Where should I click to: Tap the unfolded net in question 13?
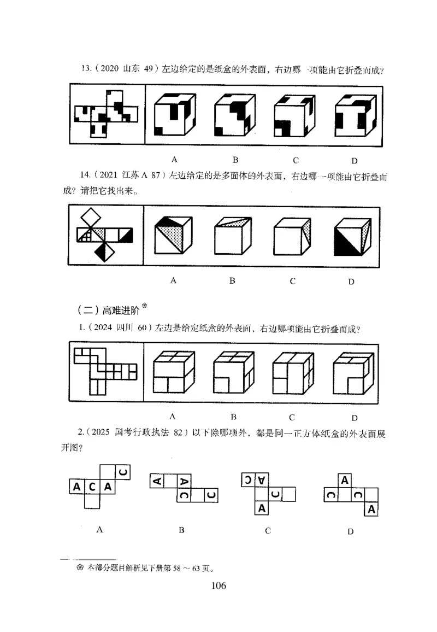pyautogui.click(x=106, y=114)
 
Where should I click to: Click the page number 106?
pyautogui.click(x=218, y=586)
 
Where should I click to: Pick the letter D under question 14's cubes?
pyautogui.click(x=351, y=282)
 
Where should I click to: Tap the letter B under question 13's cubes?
pyautogui.click(x=235, y=160)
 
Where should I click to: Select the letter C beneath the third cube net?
pyautogui.click(x=268, y=530)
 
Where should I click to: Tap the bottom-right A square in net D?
pyautogui.click(x=372, y=510)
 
